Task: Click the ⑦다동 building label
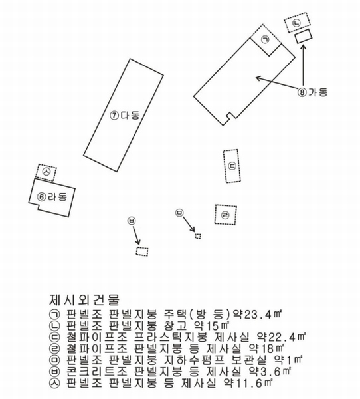tap(125, 115)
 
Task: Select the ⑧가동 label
tap(312, 92)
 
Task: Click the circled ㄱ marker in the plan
tap(266, 40)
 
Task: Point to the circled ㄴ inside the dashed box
tap(296, 23)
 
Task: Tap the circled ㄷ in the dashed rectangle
tap(232, 166)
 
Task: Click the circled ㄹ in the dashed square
tap(225, 215)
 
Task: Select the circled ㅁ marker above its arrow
tap(179, 213)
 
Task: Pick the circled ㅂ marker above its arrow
tap(132, 221)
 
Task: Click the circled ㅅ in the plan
tap(46, 172)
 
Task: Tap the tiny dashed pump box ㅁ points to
tap(198, 236)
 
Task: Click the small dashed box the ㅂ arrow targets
tap(142, 251)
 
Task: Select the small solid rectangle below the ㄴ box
tap(304, 36)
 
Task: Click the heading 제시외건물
tap(84, 300)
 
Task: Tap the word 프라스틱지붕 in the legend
tap(170, 337)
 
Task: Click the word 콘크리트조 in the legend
tap(96, 371)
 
